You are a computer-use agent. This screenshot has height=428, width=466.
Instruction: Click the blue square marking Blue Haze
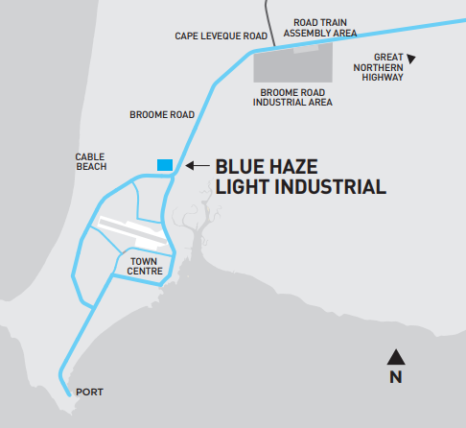tap(165, 165)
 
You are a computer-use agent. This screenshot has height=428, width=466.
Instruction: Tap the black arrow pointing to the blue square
tap(198, 165)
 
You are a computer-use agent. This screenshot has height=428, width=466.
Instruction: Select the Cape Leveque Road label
tap(221, 36)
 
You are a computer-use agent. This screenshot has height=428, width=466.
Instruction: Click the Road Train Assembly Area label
tap(320, 28)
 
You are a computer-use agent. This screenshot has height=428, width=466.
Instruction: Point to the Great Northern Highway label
tap(379, 67)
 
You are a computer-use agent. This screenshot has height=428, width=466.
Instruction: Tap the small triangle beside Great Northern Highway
tap(411, 59)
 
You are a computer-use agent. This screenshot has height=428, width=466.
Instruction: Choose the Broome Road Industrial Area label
tap(292, 98)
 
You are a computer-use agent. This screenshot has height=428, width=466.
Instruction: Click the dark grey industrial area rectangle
tap(292, 64)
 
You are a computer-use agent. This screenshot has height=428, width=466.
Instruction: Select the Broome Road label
tap(162, 114)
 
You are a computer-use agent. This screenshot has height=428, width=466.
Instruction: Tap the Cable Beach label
tap(91, 161)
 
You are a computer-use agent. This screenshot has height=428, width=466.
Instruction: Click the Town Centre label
tap(145, 266)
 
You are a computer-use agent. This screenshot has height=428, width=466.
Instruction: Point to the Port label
tap(89, 392)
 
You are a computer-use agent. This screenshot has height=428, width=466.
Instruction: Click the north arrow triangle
tap(396, 358)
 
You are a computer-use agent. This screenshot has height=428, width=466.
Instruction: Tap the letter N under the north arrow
tap(396, 377)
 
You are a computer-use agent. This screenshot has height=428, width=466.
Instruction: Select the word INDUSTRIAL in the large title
tap(331, 187)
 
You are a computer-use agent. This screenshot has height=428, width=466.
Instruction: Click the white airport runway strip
tap(131, 231)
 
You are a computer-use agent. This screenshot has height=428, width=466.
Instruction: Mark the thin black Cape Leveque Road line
tap(269, 22)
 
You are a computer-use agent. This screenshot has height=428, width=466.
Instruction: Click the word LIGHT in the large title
tap(242, 187)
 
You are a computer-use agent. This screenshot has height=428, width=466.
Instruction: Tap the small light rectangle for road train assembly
tap(306, 49)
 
